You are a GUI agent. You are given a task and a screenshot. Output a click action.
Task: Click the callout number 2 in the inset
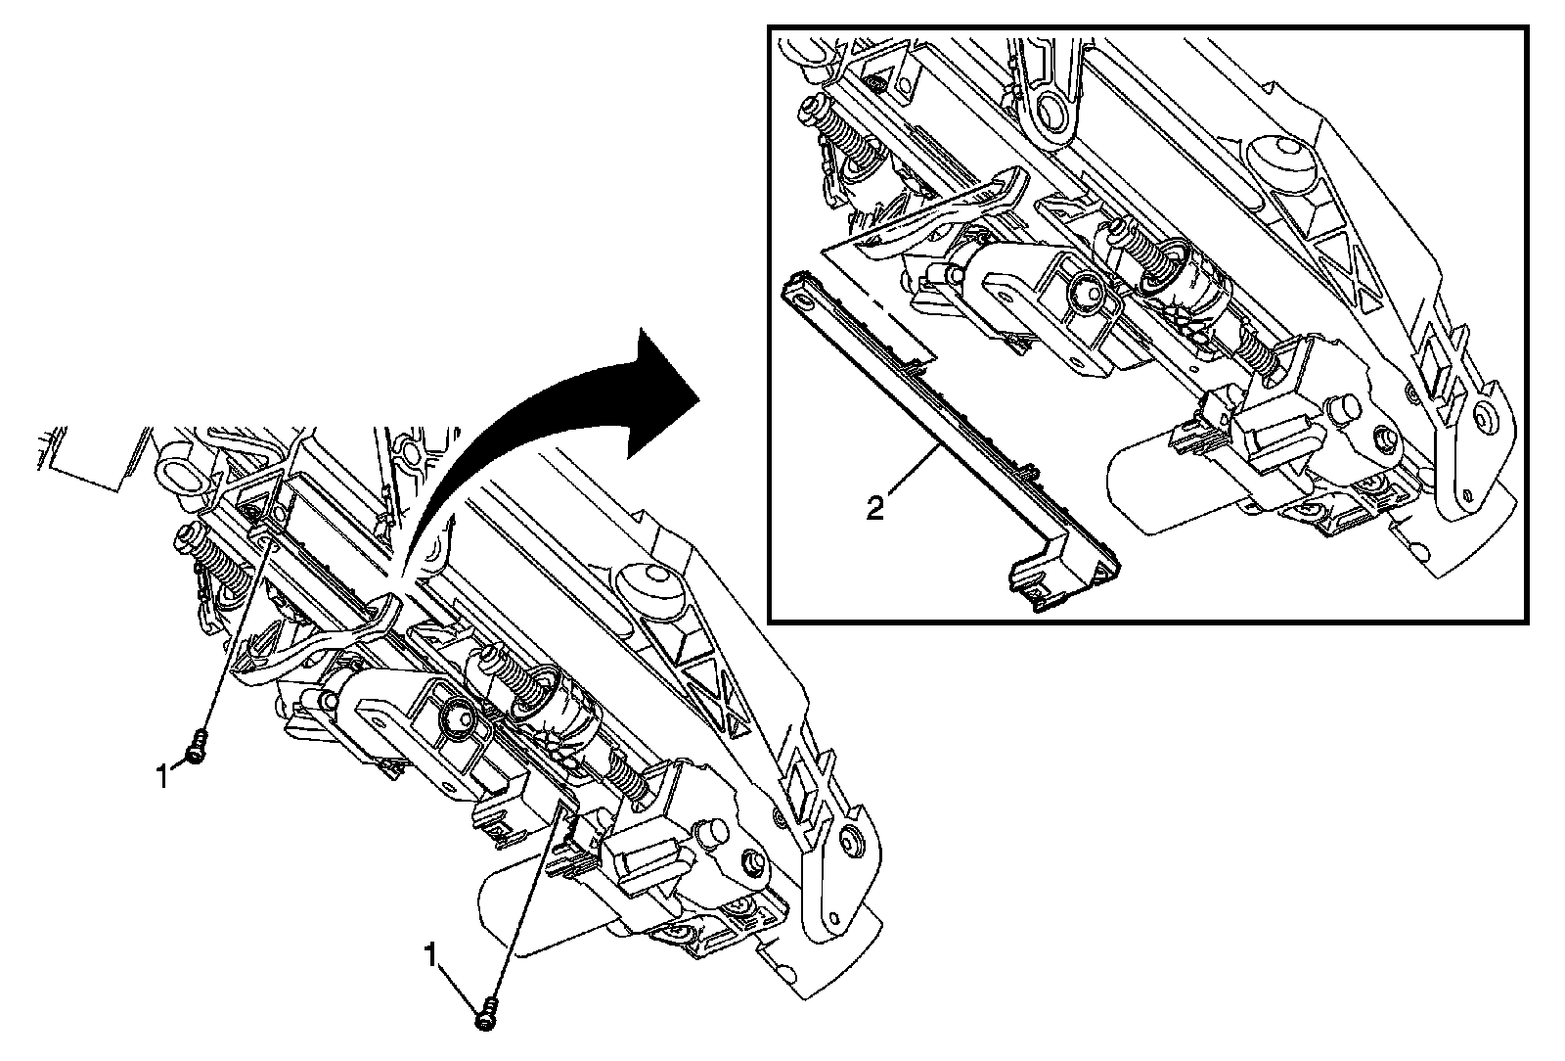click(874, 508)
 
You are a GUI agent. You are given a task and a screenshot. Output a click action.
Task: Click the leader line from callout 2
click(914, 474)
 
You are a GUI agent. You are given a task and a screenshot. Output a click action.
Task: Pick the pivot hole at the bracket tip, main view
click(848, 842)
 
